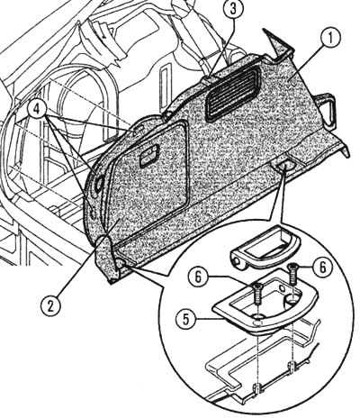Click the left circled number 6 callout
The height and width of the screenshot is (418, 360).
tap(198, 277)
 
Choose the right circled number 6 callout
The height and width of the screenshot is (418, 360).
tap(322, 267)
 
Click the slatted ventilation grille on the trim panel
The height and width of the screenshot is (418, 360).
tap(233, 93)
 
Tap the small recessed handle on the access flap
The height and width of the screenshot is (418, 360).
tap(149, 154)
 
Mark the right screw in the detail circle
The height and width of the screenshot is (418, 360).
tap(292, 274)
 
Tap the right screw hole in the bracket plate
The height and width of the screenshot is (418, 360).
tap(292, 299)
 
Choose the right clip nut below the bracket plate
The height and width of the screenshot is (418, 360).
tap(292, 367)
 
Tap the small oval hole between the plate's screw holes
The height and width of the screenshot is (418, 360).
tap(283, 288)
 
